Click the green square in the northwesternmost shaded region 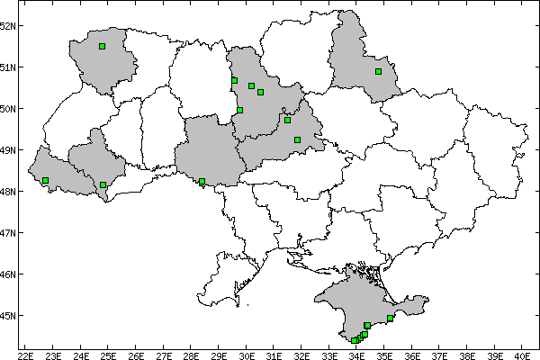pyautogui.click(x=103, y=46)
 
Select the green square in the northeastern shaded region pyautogui.click(x=379, y=71)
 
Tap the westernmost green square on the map pyautogui.click(x=45, y=181)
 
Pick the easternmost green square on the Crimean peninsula pyautogui.click(x=390, y=318)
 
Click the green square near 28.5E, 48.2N pyautogui.click(x=202, y=182)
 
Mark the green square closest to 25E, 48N pyautogui.click(x=103, y=184)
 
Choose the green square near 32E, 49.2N pyautogui.click(x=297, y=139)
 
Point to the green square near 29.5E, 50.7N pyautogui.click(x=234, y=80)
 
